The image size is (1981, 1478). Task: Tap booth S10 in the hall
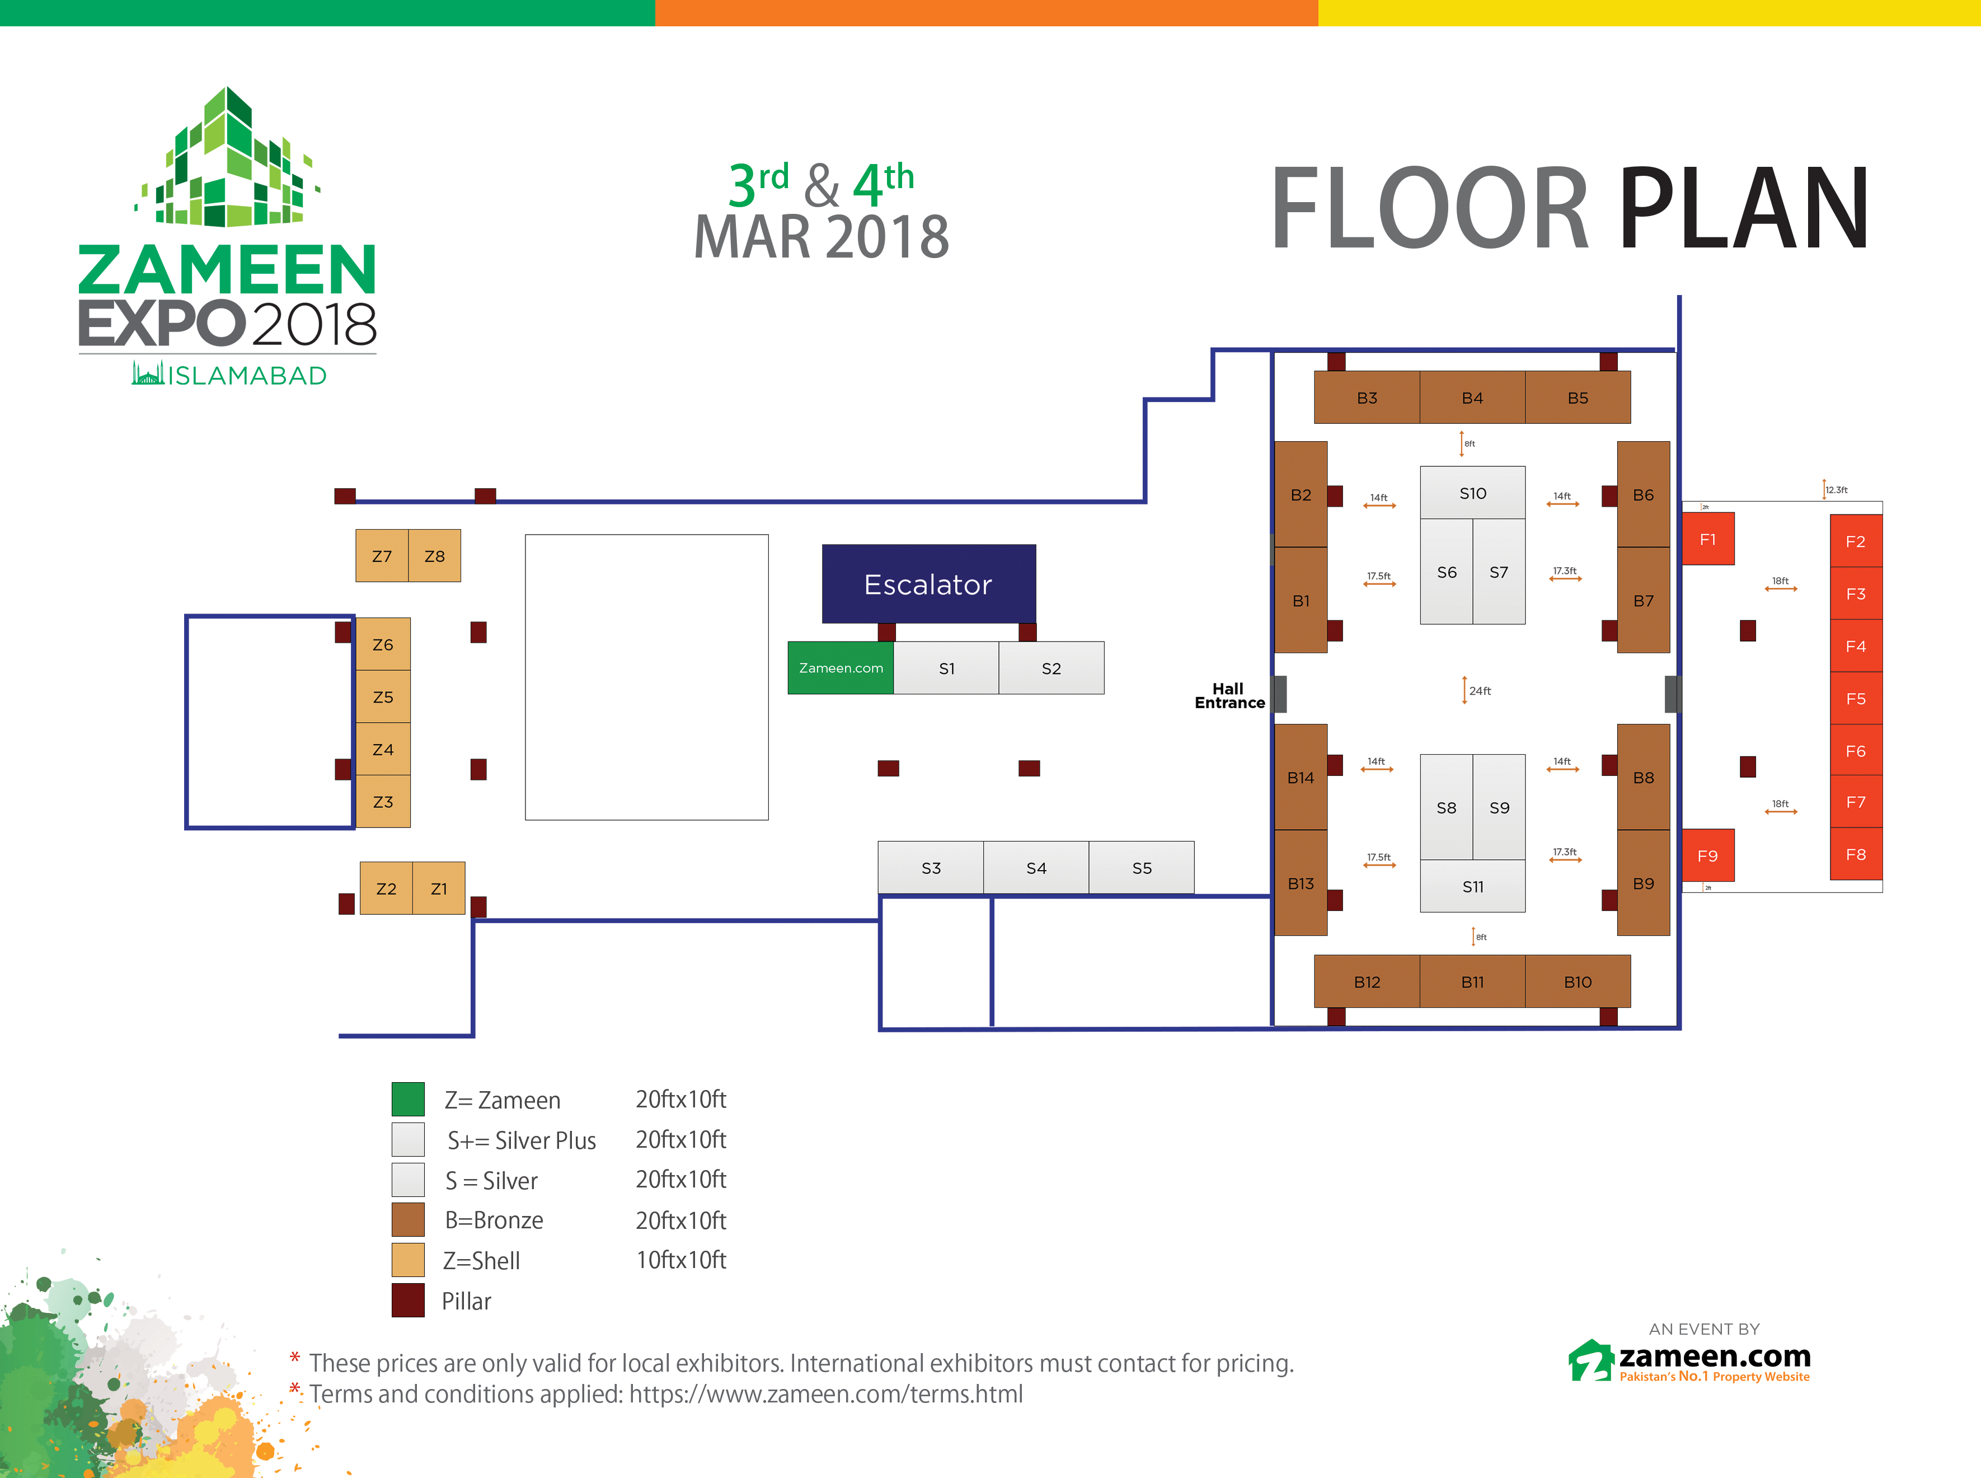click(1472, 493)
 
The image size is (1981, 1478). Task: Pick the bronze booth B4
click(1472, 398)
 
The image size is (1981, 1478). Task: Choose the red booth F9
click(1707, 856)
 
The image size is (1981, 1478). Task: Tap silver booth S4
click(1036, 868)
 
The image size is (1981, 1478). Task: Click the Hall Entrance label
click(1229, 696)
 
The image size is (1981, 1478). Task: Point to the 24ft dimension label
click(1480, 691)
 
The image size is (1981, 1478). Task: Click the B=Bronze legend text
click(494, 1220)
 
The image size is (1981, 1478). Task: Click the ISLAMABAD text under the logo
click(247, 376)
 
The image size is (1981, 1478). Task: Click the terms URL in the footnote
click(825, 1395)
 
